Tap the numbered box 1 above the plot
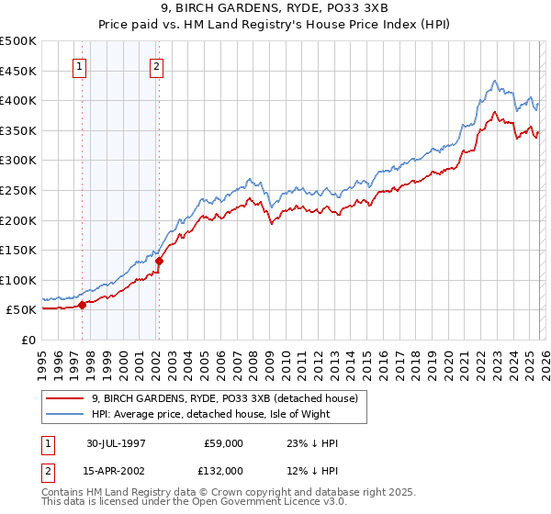(x=80, y=66)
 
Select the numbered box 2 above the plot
(x=157, y=66)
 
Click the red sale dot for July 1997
(x=83, y=305)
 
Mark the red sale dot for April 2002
(x=159, y=261)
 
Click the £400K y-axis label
(x=20, y=101)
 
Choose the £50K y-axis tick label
(x=24, y=310)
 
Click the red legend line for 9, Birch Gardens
(x=66, y=398)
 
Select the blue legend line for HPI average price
(x=66, y=413)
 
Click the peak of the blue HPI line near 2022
(x=494, y=81)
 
